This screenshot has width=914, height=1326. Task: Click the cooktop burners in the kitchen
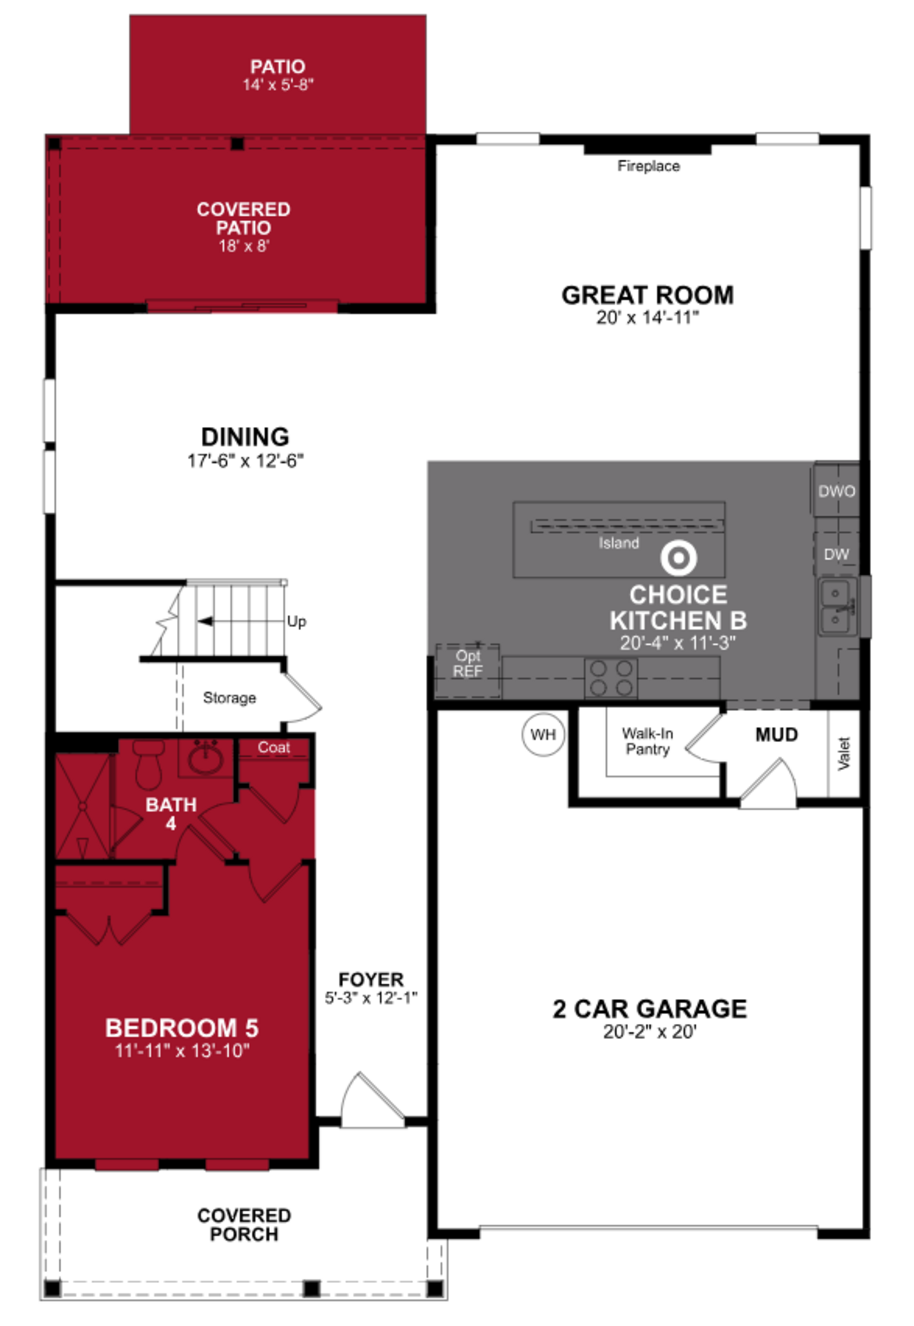click(x=611, y=678)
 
